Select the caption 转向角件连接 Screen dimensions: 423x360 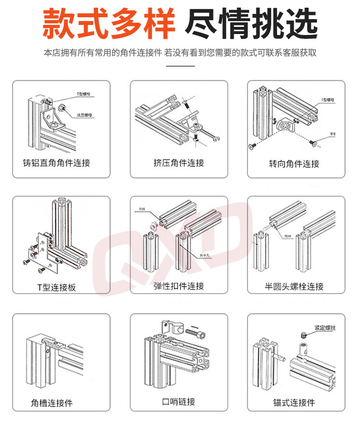pyautogui.click(x=294, y=164)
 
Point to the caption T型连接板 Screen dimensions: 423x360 pyautogui.click(x=57, y=287)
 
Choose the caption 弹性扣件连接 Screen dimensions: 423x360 pyautogui.click(x=179, y=286)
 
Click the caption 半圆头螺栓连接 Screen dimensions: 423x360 pyautogui.click(x=294, y=287)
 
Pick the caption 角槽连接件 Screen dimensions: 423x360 pyautogui.click(x=52, y=403)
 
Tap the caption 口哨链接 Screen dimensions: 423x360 pyautogui.click(x=179, y=401)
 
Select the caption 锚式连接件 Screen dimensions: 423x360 pyautogui.click(x=294, y=402)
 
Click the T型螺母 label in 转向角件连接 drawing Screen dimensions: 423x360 pyautogui.click(x=327, y=100)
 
